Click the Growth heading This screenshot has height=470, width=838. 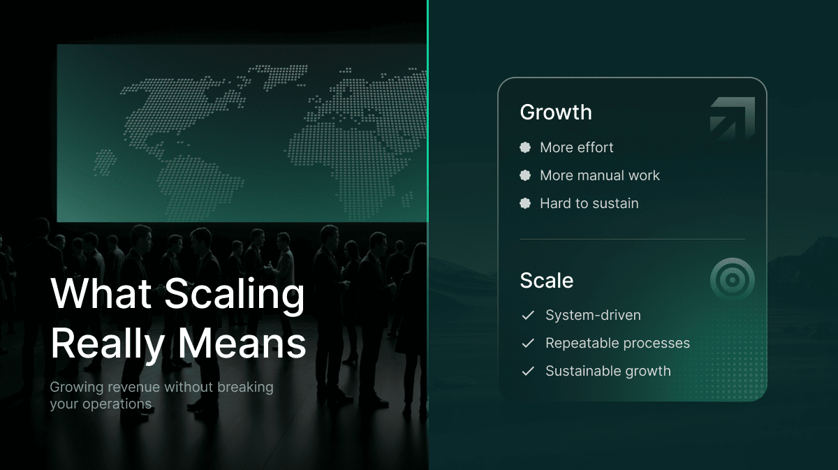(x=556, y=112)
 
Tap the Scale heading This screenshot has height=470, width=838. (x=547, y=280)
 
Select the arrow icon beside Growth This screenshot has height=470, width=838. (x=733, y=118)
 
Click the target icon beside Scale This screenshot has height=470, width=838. (x=733, y=280)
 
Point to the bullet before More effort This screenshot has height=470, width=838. (x=525, y=147)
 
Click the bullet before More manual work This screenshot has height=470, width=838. (x=525, y=175)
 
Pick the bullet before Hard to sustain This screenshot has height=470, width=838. (x=525, y=203)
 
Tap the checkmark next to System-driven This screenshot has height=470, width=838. (x=528, y=315)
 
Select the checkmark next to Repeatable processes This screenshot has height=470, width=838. (x=528, y=343)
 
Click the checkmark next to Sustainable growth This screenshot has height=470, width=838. (x=528, y=371)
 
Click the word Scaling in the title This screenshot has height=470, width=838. (x=235, y=295)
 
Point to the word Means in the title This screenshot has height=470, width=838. (x=242, y=344)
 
